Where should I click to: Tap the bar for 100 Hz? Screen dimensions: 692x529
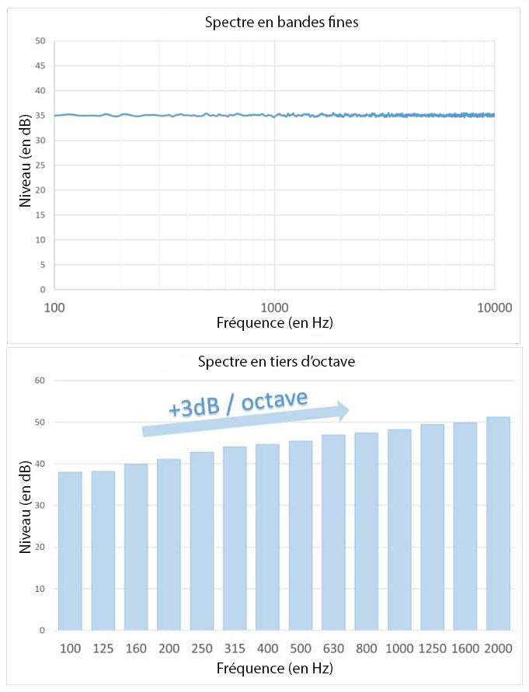point(69,551)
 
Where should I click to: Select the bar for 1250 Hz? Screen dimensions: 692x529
point(432,528)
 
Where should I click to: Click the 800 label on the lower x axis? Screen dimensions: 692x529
point(366,647)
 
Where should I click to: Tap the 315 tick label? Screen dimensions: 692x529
point(235,647)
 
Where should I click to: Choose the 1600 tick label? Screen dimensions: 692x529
point(465,647)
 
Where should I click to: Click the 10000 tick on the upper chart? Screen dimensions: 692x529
point(494,307)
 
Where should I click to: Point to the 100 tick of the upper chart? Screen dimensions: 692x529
point(55,307)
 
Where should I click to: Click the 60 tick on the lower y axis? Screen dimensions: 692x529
point(40,381)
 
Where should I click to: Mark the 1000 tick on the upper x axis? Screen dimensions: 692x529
point(274,307)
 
